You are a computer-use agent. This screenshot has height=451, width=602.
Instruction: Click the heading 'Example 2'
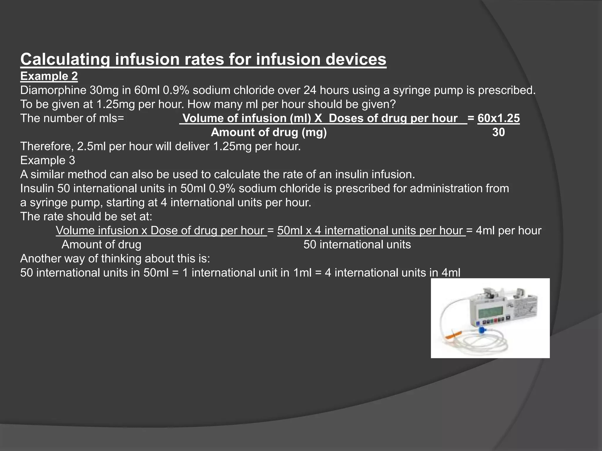click(x=49, y=76)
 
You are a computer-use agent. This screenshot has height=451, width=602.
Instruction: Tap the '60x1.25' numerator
click(x=499, y=118)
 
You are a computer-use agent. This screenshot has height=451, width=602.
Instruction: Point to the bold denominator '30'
click(x=499, y=132)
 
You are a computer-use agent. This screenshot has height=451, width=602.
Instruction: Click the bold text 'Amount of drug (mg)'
click(x=269, y=132)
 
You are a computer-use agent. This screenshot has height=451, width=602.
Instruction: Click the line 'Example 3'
click(x=48, y=160)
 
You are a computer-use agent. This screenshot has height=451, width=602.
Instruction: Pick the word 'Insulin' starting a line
click(x=37, y=188)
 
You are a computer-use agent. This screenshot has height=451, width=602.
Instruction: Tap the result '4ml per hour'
click(x=509, y=230)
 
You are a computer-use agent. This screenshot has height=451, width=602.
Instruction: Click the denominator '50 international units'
click(x=357, y=245)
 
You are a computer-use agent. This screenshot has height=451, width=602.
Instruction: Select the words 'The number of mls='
click(x=72, y=118)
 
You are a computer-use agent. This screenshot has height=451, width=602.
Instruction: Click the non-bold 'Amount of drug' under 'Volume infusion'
click(x=101, y=245)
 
